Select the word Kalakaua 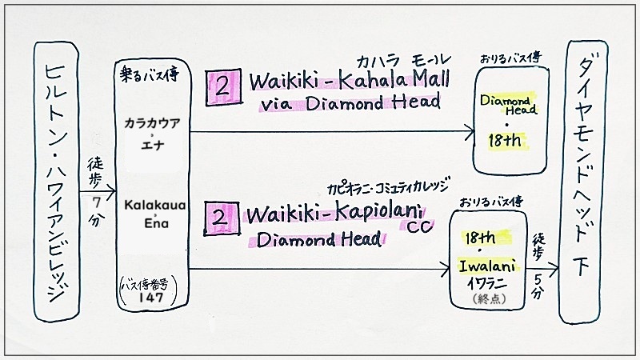point(155,205)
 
